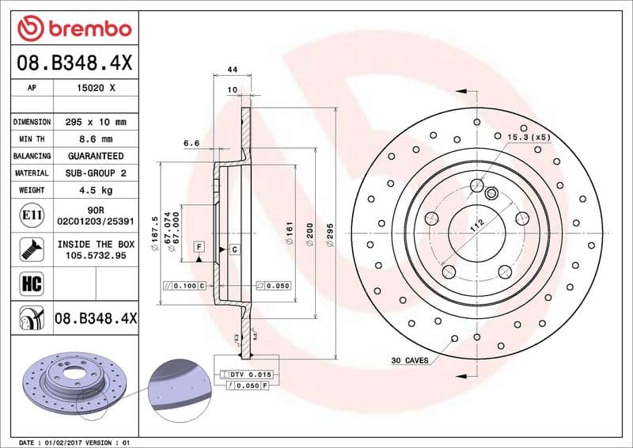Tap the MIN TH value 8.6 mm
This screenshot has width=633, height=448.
tap(95, 139)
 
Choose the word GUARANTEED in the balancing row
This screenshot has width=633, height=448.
tap(95, 156)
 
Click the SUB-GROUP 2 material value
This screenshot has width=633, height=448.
tap(95, 173)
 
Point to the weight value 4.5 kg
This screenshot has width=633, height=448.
tap(95, 190)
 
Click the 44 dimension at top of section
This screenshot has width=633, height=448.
tap(233, 70)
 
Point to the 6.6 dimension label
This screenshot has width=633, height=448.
tap(191, 143)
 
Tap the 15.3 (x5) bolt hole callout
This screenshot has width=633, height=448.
tap(529, 137)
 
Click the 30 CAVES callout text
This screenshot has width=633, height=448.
tap(409, 360)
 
